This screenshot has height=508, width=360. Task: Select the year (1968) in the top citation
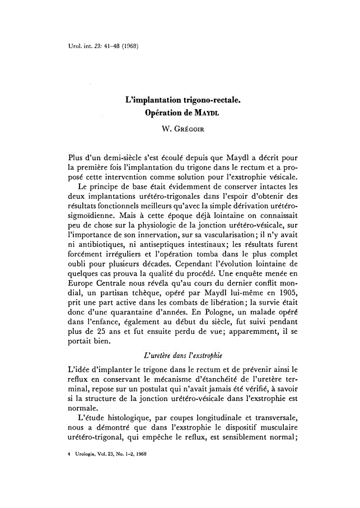tap(128, 45)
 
